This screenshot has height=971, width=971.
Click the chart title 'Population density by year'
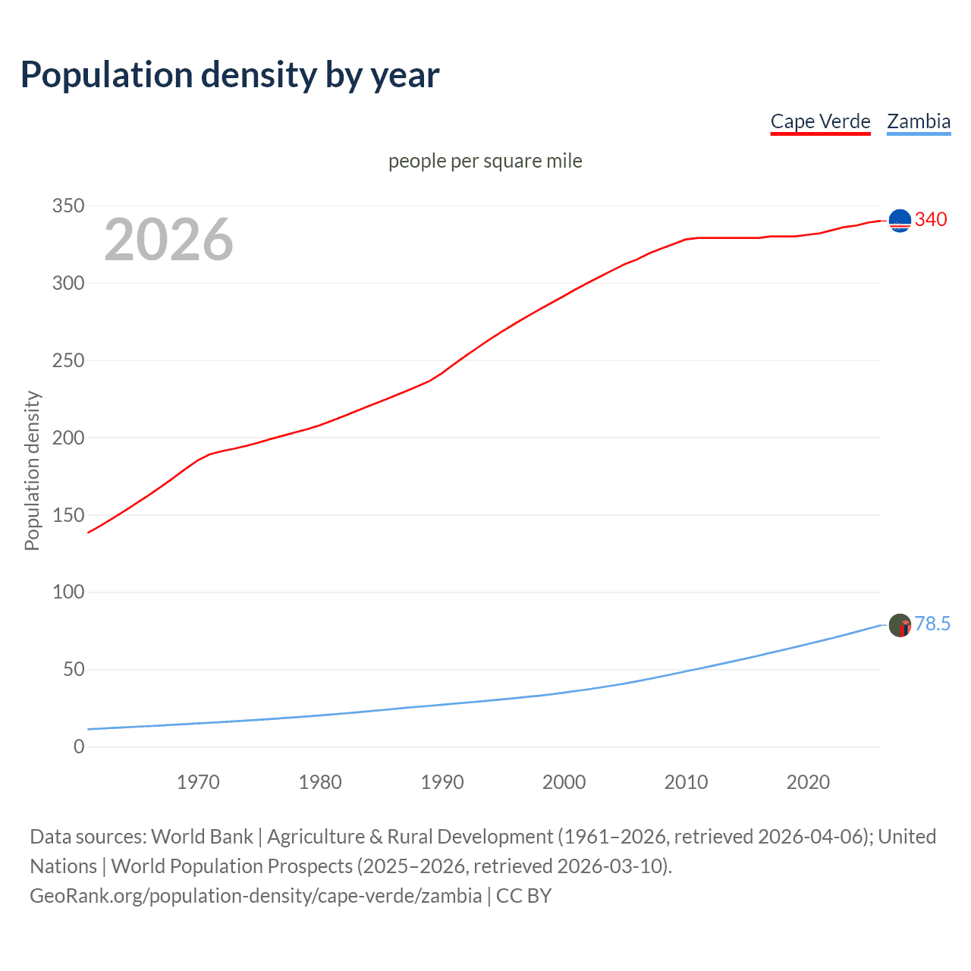click(x=230, y=75)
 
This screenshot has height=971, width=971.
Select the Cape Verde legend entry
click(x=820, y=121)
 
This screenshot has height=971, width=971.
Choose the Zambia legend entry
click(x=919, y=121)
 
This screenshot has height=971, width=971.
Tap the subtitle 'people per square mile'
click(x=485, y=161)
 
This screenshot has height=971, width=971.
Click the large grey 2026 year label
click(x=168, y=240)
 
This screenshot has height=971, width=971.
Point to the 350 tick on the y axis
click(x=68, y=206)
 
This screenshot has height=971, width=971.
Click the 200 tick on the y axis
click(x=68, y=438)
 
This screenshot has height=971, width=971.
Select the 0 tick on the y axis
click(x=79, y=746)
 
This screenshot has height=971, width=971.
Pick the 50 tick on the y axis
click(x=74, y=669)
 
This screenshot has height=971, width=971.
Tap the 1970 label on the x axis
click(x=198, y=782)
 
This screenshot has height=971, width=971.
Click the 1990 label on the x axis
click(x=442, y=782)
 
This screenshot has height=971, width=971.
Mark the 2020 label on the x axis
click(x=808, y=782)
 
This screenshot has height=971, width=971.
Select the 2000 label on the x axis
click(x=564, y=782)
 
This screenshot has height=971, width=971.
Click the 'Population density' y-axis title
click(x=32, y=470)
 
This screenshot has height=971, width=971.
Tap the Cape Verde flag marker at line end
click(x=900, y=221)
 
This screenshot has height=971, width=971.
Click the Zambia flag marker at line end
click(x=900, y=625)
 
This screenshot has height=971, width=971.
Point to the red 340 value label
click(x=931, y=219)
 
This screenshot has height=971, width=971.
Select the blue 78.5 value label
click(x=932, y=624)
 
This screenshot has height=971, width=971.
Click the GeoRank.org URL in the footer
click(x=256, y=896)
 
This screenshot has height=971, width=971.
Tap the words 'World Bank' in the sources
click(x=202, y=837)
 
